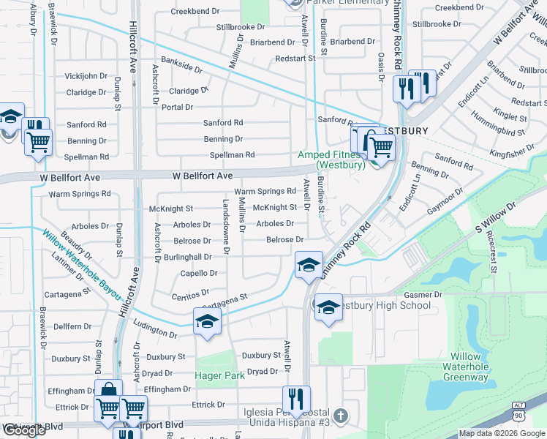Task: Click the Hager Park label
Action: [x=219, y=375]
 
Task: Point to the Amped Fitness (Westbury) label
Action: [x=331, y=160]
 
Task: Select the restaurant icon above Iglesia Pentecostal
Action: [x=295, y=399]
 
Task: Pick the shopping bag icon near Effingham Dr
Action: [x=108, y=390]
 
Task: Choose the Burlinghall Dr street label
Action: [x=187, y=257]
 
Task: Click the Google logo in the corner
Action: [x=24, y=430]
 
